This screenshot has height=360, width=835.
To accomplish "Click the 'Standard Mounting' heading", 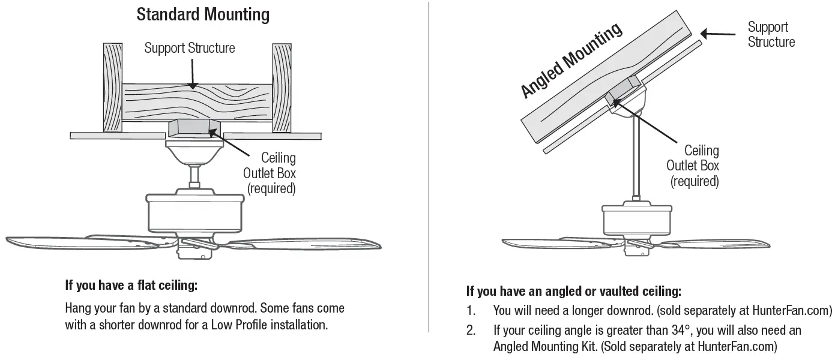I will click(x=203, y=14).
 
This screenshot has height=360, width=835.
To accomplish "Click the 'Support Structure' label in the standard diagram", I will click(x=190, y=48).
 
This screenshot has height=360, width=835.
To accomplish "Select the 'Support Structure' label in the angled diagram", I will click(x=771, y=34).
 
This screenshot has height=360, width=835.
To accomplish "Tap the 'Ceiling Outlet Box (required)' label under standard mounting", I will click(x=270, y=173).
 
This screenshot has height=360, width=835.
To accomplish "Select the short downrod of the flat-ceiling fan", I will click(x=194, y=176).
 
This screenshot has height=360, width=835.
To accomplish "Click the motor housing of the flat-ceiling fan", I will click(x=194, y=213).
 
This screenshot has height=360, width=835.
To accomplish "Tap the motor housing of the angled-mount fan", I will click(x=636, y=221).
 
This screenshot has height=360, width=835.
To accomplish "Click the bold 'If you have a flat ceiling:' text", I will click(x=131, y=286).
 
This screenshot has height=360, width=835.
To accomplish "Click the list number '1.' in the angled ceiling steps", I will click(x=471, y=311).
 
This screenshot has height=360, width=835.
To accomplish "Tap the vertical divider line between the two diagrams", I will click(x=429, y=168).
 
